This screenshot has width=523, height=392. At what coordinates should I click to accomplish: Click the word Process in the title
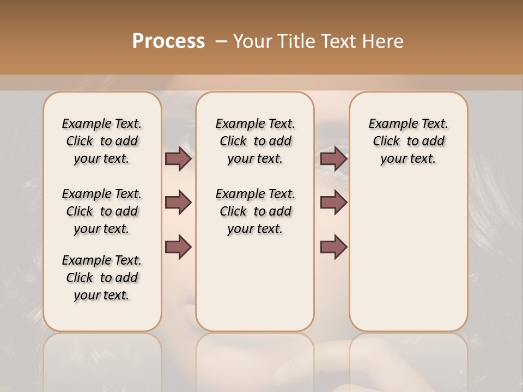168,41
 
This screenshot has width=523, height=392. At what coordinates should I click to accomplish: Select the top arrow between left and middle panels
178,159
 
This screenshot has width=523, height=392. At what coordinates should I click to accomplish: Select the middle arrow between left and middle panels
178,203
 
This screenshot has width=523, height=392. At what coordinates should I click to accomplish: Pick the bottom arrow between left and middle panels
178,246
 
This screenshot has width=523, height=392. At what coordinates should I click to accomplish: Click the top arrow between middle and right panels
334,159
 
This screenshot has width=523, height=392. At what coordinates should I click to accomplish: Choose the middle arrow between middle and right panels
334,203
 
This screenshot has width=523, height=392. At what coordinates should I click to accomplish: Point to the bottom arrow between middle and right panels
334,246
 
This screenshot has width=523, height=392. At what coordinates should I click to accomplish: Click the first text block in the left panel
102,141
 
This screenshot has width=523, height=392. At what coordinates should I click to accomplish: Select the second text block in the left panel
102,211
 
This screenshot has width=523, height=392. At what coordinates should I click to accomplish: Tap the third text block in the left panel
102,278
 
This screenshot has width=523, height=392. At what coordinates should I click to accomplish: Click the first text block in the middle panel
255,141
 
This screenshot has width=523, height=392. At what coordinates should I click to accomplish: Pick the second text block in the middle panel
255,211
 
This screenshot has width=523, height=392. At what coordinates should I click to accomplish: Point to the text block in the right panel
408,141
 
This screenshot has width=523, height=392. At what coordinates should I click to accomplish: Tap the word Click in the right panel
386,142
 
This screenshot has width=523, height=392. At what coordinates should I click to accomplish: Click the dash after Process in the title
221,41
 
